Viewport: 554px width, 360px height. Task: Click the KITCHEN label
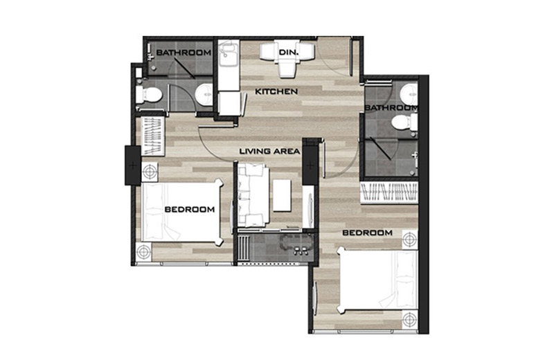pyautogui.click(x=276, y=91)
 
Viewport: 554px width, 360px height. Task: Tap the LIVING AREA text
pyautogui.click(x=269, y=150)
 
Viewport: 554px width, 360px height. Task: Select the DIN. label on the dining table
pyautogui.click(x=287, y=53)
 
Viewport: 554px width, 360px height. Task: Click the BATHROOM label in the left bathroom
pyautogui.click(x=183, y=53)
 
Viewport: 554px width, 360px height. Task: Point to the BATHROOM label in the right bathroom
pyautogui.click(x=392, y=108)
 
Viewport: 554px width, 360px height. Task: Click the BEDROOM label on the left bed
pyautogui.click(x=189, y=208)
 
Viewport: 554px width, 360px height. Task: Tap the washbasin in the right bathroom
pyautogui.click(x=409, y=93)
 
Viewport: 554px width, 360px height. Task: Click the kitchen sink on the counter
pyautogui.click(x=228, y=54)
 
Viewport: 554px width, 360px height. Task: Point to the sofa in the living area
pyautogui.click(x=250, y=195)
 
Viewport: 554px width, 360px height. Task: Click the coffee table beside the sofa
pyautogui.click(x=281, y=195)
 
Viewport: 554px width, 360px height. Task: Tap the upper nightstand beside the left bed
pyautogui.click(x=150, y=171)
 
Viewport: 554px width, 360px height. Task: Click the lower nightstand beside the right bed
pyautogui.click(x=410, y=321)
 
